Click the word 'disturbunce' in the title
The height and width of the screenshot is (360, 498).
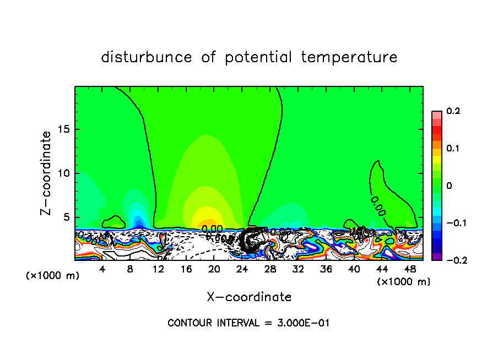coord(147,57)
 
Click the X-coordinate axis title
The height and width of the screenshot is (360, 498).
coord(249,297)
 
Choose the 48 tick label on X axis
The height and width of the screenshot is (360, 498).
coord(409,269)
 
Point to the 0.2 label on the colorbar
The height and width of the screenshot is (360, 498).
coord(453,111)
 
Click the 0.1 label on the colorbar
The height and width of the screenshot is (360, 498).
coord(453,149)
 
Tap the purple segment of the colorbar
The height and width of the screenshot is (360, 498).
coord(436,257)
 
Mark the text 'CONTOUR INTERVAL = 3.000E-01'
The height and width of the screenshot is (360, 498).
coord(248,323)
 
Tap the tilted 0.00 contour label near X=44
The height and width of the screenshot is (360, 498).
coord(378,205)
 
